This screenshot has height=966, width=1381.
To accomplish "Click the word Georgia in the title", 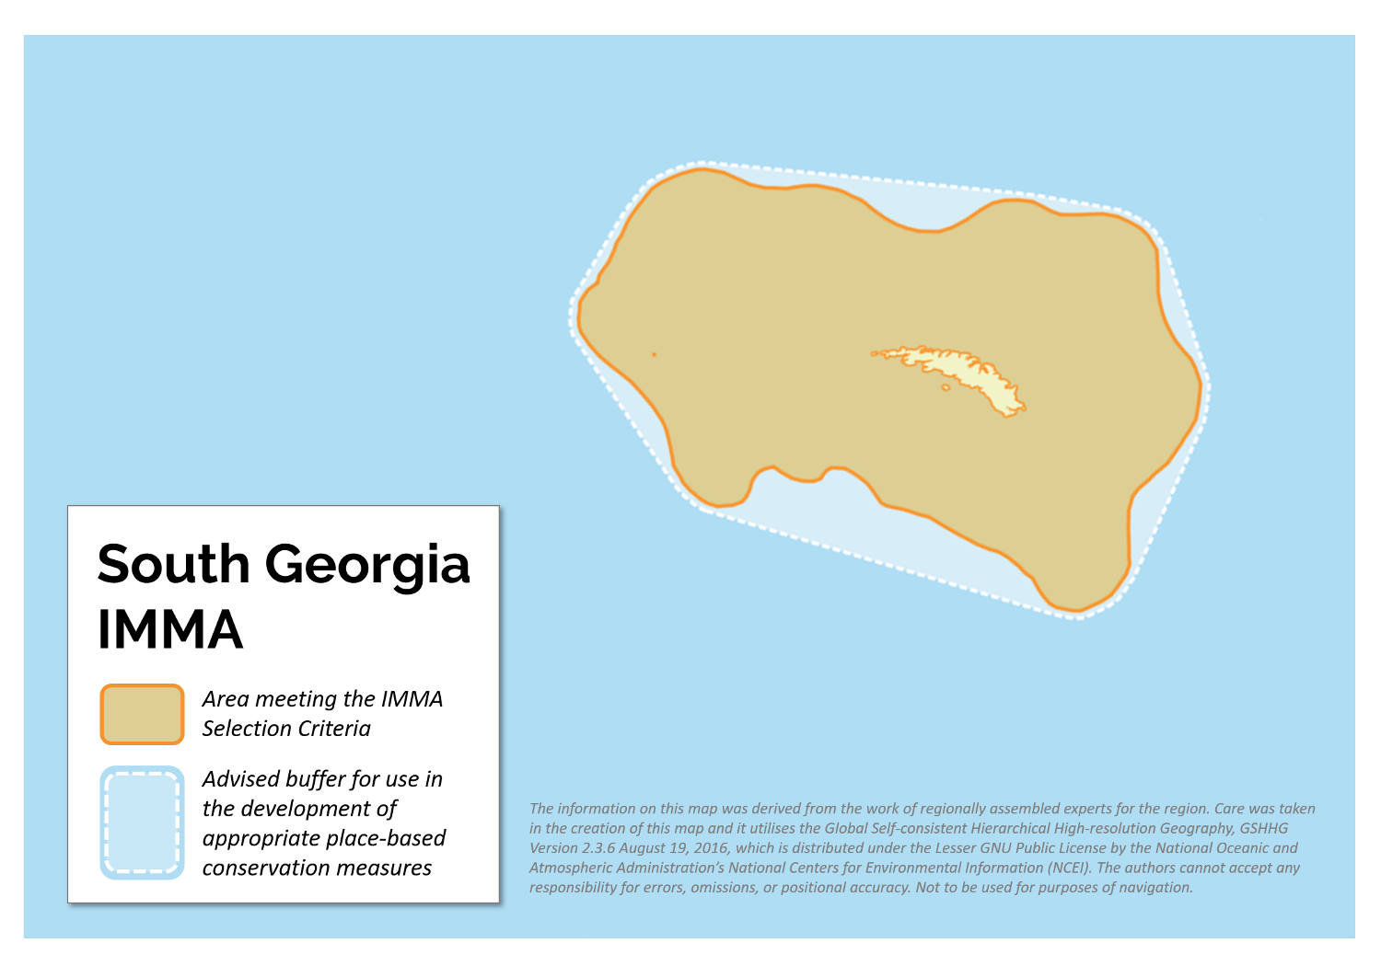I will tap(367, 564).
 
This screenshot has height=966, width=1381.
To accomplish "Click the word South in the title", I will tap(173, 564).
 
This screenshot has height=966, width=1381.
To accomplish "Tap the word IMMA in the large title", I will tap(170, 629).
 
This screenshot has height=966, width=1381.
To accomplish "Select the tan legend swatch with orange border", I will tap(142, 714).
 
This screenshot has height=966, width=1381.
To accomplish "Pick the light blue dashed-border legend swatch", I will tap(142, 822).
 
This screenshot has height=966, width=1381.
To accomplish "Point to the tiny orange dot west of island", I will tap(654, 354).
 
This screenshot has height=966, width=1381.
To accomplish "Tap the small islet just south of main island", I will tap(946, 387).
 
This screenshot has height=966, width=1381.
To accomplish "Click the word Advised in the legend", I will tap(240, 779).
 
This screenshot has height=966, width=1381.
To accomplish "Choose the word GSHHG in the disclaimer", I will tap(1263, 828).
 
